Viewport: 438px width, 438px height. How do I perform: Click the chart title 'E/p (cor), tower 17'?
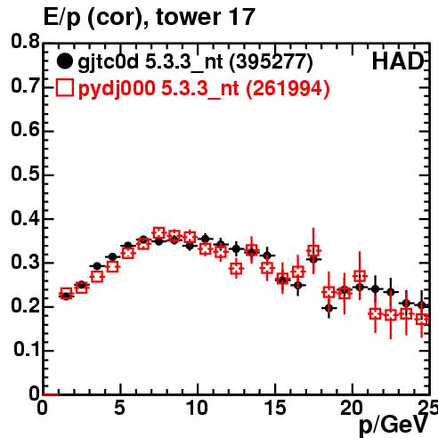pos(150,17)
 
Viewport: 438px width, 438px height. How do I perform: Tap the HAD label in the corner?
pos(398,61)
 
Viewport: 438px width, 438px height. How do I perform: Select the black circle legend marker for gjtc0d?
pos(64,61)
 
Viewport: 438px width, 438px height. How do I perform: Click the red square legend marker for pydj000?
pos(64,88)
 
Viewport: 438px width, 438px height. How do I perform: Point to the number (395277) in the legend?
pos(272,61)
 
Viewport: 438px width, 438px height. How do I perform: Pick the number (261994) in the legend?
pos(288,88)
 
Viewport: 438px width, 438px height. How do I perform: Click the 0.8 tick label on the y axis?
pos(25,42)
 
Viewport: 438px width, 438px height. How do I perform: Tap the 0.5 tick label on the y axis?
pos(25,174)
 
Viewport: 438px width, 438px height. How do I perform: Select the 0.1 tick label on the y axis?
pos(27,350)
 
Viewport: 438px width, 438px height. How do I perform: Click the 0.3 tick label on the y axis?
pos(25,263)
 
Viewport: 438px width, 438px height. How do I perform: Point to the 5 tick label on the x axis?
pos(119,408)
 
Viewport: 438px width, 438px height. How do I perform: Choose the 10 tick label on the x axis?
pos(197,408)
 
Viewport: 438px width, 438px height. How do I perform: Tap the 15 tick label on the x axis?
pos(275,408)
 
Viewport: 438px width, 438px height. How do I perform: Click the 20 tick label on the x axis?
pos(352,408)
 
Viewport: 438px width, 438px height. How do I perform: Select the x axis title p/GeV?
pos(393,426)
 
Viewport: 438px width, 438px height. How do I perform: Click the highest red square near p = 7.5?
pos(159,233)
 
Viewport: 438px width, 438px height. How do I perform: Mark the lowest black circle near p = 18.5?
pos(328,308)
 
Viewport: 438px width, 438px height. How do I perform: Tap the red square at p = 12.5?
pos(236,269)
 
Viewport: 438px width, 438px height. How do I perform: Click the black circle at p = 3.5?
pos(97,266)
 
